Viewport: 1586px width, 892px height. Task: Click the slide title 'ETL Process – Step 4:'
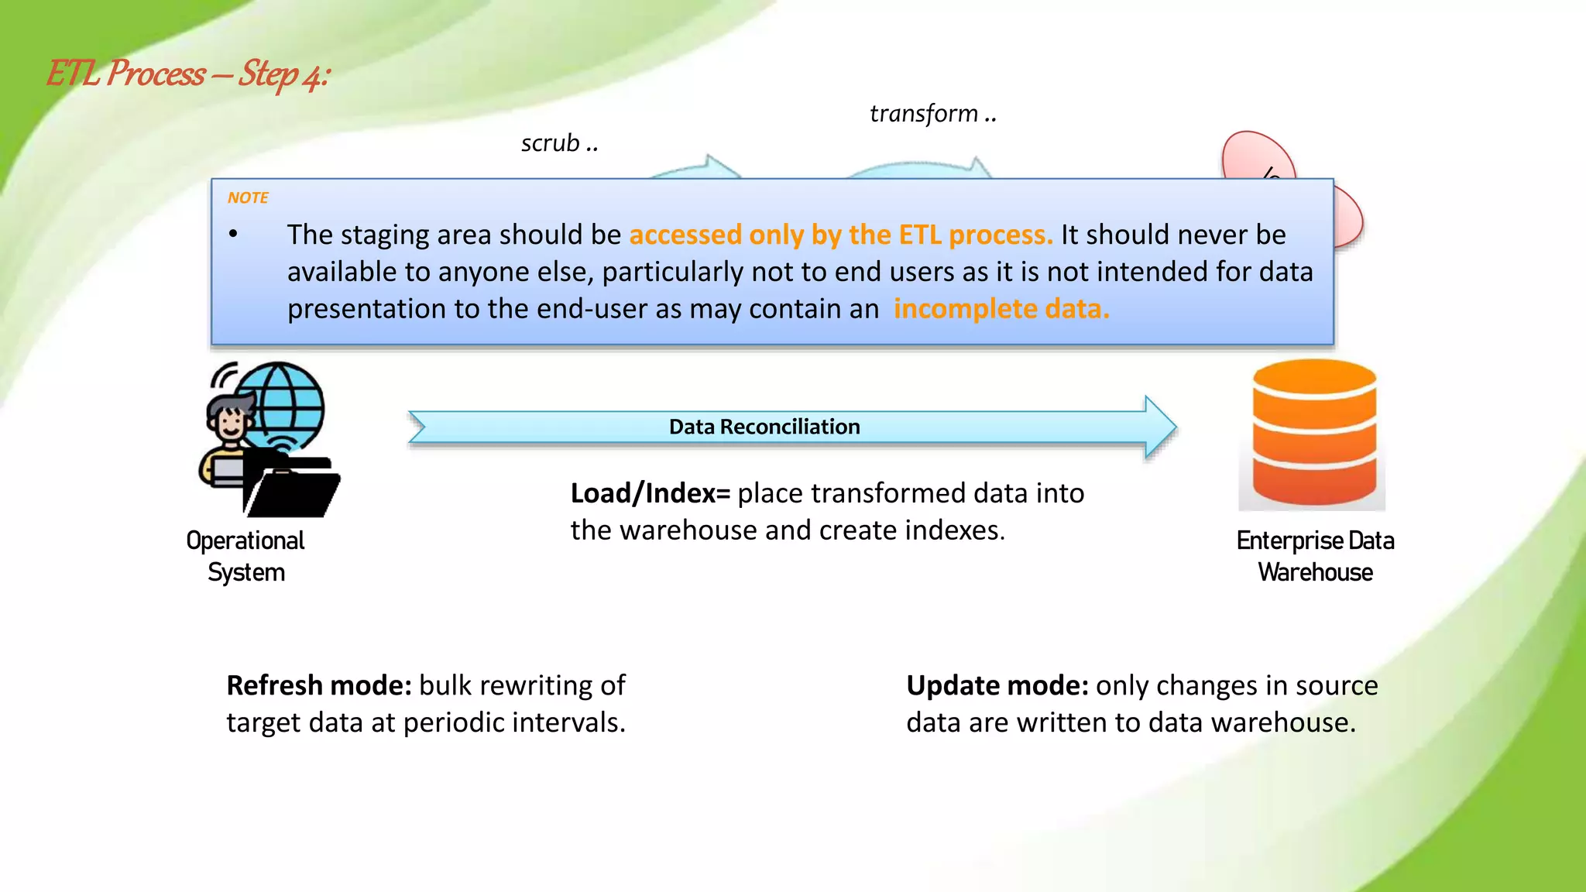pyautogui.click(x=188, y=74)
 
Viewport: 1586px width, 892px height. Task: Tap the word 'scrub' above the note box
pyautogui.click(x=550, y=143)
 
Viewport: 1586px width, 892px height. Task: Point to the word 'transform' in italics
pyautogui.click(x=923, y=114)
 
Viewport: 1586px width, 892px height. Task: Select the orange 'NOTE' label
pyautogui.click(x=248, y=197)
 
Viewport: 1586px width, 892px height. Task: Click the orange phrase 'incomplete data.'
pyautogui.click(x=1001, y=309)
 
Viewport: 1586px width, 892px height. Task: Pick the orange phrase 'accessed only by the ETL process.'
pyautogui.click(x=840, y=235)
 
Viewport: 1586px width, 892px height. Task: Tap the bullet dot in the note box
pyautogui.click(x=233, y=234)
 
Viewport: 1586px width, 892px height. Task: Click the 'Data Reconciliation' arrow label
pyautogui.click(x=764, y=427)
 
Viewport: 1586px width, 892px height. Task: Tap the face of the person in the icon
pyautogui.click(x=230, y=423)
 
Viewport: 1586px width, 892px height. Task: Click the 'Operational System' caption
pyautogui.click(x=245, y=556)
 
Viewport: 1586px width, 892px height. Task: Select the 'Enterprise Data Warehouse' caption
pyautogui.click(x=1315, y=556)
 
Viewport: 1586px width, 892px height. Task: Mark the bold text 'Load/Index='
pyautogui.click(x=650, y=493)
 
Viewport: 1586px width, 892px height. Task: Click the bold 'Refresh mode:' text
pyautogui.click(x=318, y=685)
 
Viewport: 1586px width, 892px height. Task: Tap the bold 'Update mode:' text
pyautogui.click(x=997, y=685)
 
